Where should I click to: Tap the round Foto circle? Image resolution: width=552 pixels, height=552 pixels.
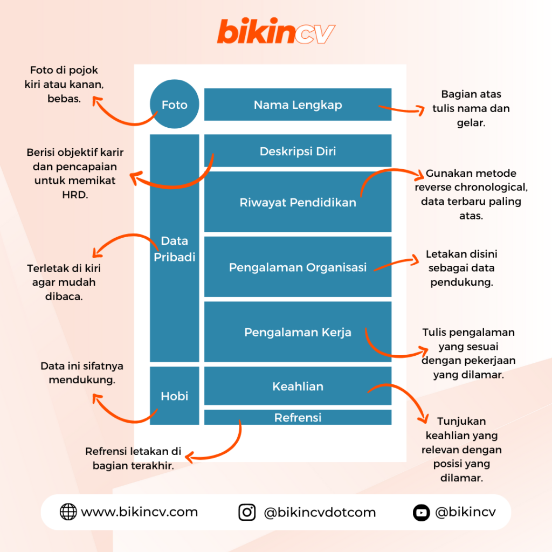click(174, 105)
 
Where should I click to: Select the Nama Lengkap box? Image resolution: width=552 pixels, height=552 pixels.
click(298, 105)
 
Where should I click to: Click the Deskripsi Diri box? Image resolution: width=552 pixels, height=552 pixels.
click(298, 151)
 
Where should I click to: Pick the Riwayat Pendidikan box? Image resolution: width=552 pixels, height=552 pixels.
click(298, 202)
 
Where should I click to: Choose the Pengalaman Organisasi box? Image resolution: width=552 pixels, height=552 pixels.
click(298, 267)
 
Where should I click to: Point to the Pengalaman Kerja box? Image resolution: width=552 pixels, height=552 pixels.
click(298, 332)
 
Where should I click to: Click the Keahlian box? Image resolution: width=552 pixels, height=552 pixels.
click(298, 386)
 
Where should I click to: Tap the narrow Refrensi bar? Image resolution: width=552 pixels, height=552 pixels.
click(298, 417)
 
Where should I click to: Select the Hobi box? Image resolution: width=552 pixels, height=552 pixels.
click(174, 396)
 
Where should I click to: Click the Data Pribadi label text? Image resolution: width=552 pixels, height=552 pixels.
click(174, 249)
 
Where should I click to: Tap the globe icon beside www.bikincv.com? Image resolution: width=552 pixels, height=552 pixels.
click(68, 512)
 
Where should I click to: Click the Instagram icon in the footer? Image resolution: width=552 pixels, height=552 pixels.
click(247, 512)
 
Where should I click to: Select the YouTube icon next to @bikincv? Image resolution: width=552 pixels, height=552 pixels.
click(421, 512)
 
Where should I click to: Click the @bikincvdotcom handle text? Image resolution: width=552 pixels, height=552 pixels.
click(320, 512)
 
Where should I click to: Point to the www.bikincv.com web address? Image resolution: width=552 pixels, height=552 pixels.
click(139, 512)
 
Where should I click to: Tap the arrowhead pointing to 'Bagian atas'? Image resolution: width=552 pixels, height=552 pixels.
click(421, 111)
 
